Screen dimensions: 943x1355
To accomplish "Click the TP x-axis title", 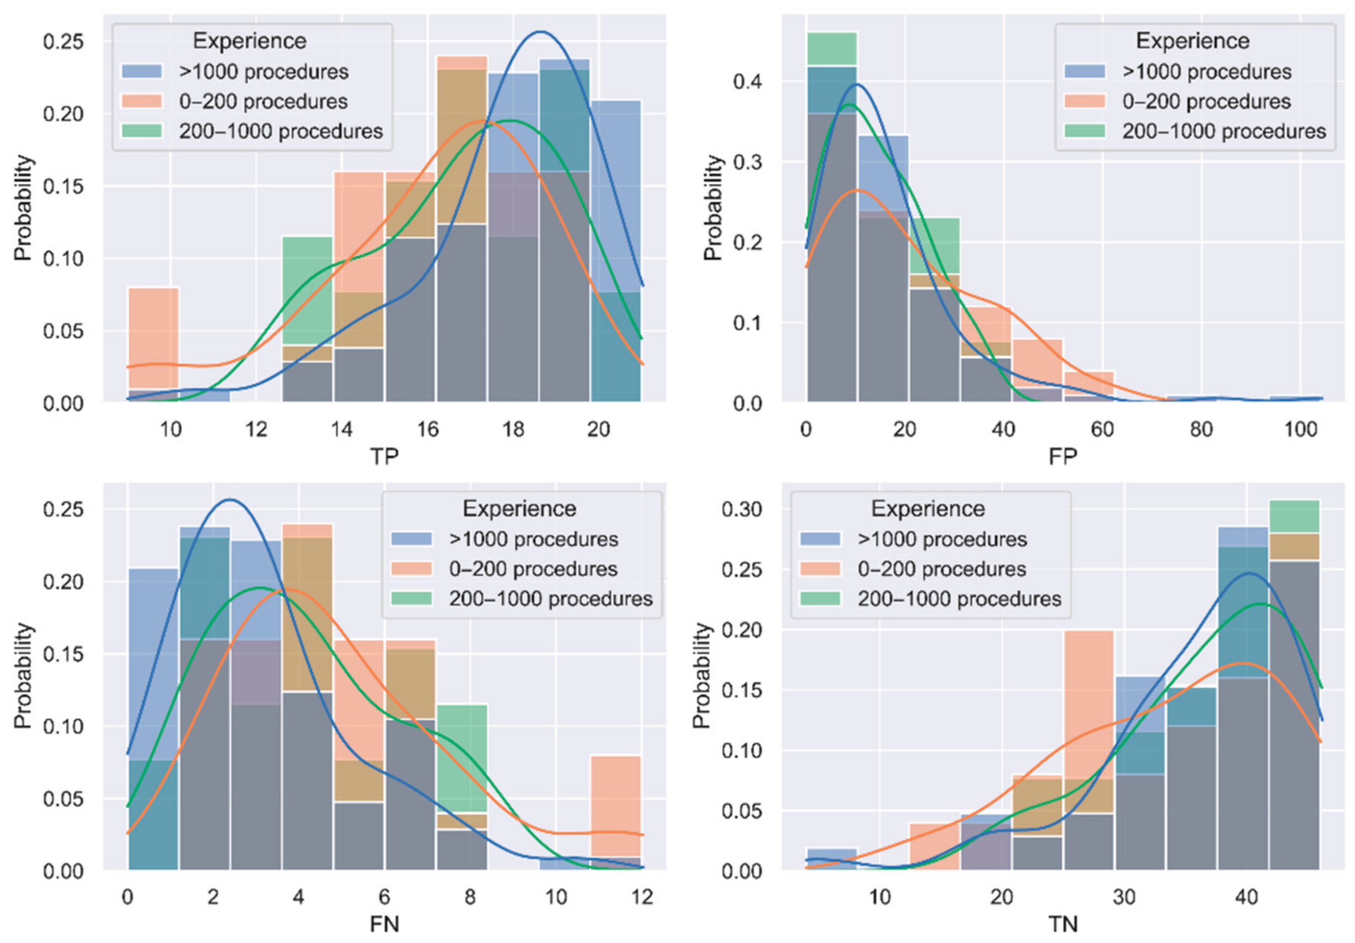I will pyautogui.click(x=384, y=456).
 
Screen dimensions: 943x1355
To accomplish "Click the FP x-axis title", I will pyautogui.click(x=1062, y=456).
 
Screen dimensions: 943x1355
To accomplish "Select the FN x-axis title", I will pyautogui.click(x=384, y=924).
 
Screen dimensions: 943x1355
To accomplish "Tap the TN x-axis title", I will pyautogui.click(x=1062, y=924).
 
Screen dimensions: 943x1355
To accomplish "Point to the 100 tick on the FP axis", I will pyautogui.click(x=1301, y=429).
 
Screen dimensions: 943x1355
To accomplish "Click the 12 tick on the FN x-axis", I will pyautogui.click(x=641, y=897).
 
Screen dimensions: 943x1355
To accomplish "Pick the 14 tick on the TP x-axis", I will pyautogui.click(x=341, y=429).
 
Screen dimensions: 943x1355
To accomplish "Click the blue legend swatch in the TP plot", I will pyautogui.click(x=142, y=71).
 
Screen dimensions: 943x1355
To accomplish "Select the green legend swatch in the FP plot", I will pyautogui.click(x=1085, y=131).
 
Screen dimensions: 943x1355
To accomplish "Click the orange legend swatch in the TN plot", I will pyautogui.click(x=820, y=569).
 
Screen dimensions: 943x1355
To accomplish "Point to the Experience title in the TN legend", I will pyautogui.click(x=928, y=509).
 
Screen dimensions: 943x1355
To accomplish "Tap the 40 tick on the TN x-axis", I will pyautogui.click(x=1246, y=897).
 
